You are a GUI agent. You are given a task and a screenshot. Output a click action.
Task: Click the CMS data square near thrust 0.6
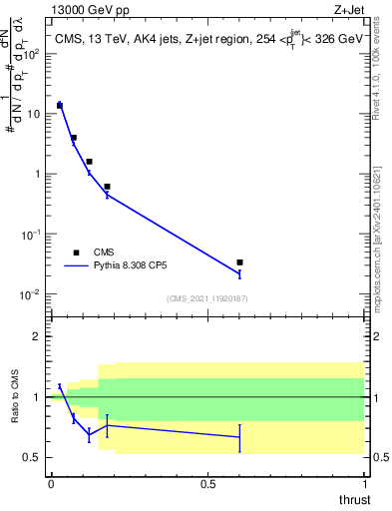click(239, 262)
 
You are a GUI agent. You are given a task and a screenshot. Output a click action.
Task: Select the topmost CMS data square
click(60, 105)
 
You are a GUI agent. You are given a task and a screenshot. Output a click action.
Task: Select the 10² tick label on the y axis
click(32, 54)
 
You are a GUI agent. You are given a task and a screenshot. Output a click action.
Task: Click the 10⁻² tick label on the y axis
click(32, 293)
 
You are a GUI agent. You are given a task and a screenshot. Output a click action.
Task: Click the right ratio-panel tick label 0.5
click(381, 457)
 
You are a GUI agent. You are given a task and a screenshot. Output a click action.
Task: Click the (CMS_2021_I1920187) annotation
click(206, 298)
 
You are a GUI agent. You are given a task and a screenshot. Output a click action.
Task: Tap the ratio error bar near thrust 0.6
click(239, 437)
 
